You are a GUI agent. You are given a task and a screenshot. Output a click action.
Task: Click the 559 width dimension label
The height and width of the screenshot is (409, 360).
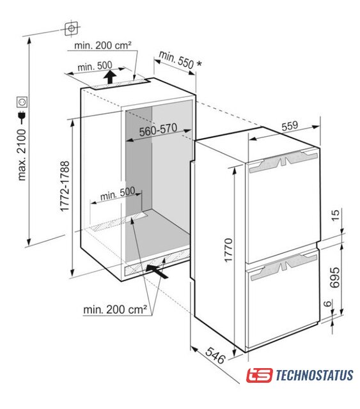(290, 126)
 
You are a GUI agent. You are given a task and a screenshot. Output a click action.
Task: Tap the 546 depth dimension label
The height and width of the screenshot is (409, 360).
(215, 355)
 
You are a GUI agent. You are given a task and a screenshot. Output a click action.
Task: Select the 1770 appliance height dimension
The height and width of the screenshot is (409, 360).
(228, 250)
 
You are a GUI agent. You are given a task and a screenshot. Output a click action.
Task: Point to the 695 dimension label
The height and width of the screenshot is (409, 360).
(334, 277)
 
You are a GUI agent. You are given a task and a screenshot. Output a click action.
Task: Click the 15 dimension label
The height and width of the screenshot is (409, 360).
(336, 215)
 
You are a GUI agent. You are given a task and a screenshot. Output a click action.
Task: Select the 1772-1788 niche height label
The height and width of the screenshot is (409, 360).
(65, 186)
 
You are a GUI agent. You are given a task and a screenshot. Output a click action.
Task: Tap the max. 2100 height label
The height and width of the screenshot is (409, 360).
(22, 155)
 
